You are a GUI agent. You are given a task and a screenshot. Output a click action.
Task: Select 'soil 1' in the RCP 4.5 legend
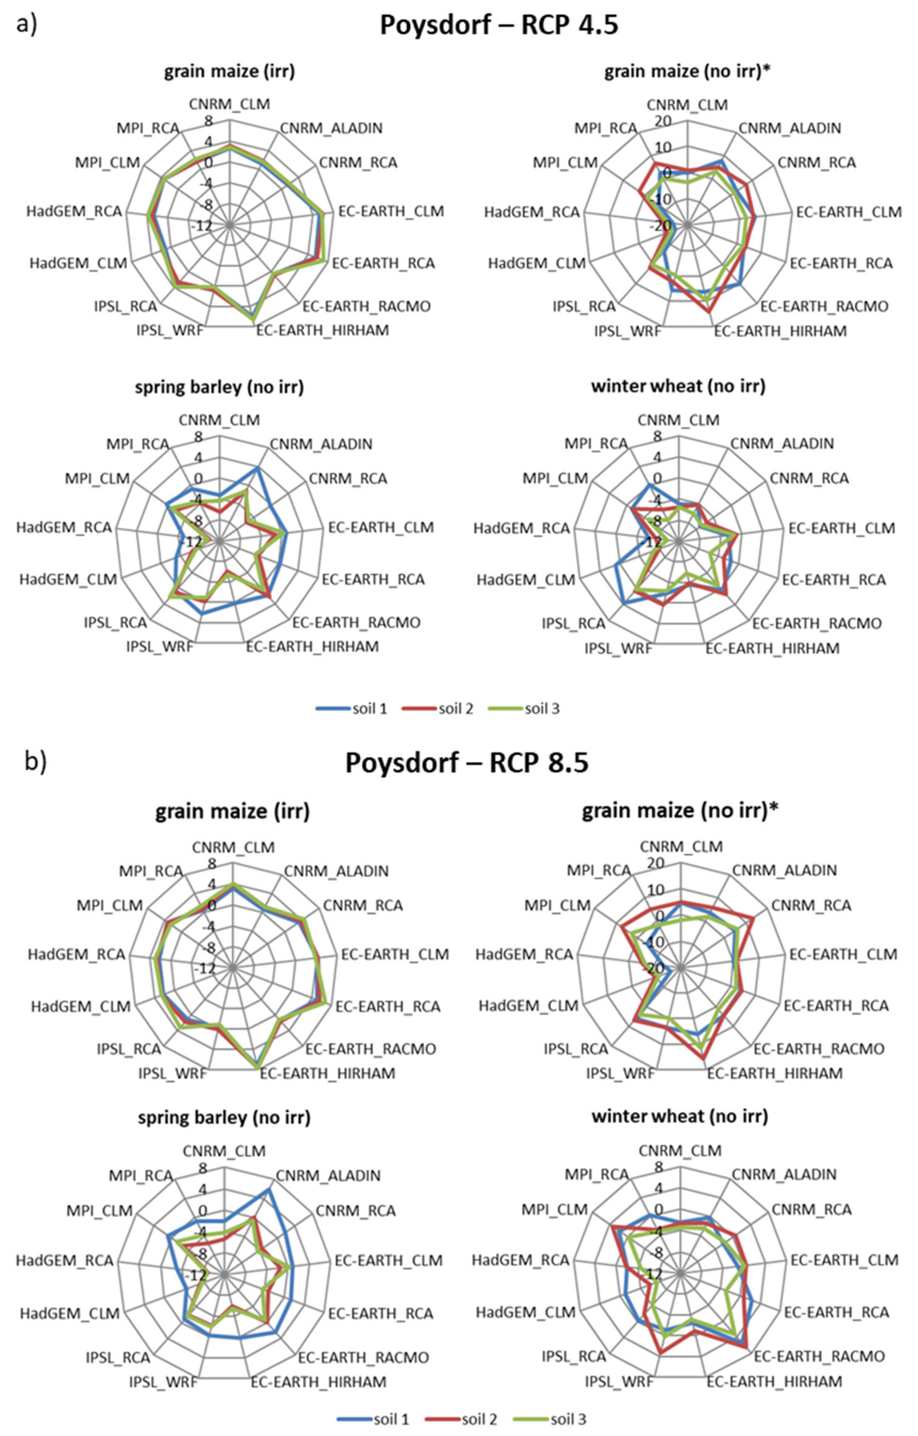pyautogui.click(x=370, y=709)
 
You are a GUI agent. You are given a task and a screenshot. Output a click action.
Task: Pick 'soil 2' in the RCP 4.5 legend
pyautogui.click(x=456, y=709)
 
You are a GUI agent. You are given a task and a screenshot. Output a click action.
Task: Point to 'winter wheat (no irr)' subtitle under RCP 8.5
pyautogui.click(x=680, y=1115)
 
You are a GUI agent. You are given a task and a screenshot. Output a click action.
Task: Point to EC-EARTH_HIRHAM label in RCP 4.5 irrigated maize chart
pyautogui.click(x=323, y=330)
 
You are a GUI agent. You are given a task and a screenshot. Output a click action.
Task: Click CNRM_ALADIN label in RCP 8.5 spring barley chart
pyautogui.click(x=328, y=1175)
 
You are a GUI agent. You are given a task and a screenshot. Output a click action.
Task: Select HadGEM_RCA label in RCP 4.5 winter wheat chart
pyautogui.click(x=522, y=528)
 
